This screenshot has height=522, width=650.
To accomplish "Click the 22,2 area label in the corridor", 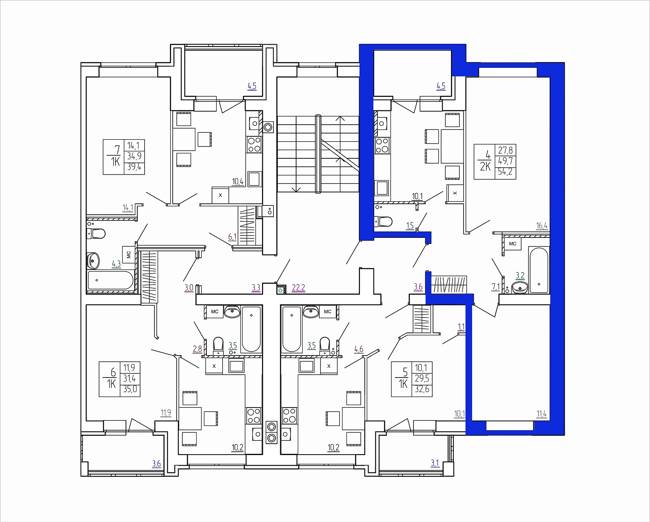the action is tap(299, 288).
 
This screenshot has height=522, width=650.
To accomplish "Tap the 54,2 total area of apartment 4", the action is tap(505, 171).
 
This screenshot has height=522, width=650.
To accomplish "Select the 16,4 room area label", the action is tap(542, 226).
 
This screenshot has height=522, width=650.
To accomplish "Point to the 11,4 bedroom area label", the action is tap(542, 414).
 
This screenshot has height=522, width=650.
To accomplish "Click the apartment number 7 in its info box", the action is tap(117, 150).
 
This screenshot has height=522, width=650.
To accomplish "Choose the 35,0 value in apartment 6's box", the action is tap(130, 389).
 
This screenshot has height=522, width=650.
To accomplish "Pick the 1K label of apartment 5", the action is tap(403, 384).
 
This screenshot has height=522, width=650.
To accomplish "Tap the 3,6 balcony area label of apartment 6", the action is tap(156, 464).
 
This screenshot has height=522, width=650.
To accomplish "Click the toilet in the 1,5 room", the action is tap(383, 222).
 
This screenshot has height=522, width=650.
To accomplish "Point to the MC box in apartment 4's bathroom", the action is tap(513, 244).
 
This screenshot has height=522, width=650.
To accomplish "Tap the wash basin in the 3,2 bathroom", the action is tap(520, 287).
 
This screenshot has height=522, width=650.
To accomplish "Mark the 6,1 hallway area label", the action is tap(232, 237).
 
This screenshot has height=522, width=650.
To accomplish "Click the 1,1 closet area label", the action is tap(461, 327).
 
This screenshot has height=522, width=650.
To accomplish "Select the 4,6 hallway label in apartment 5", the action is tap(359, 349).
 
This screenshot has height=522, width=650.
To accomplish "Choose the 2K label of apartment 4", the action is tap(485, 166).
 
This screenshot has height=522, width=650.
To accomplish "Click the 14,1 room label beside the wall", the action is tap(128, 208).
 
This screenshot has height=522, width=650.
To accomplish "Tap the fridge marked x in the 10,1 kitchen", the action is tap(455, 193).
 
